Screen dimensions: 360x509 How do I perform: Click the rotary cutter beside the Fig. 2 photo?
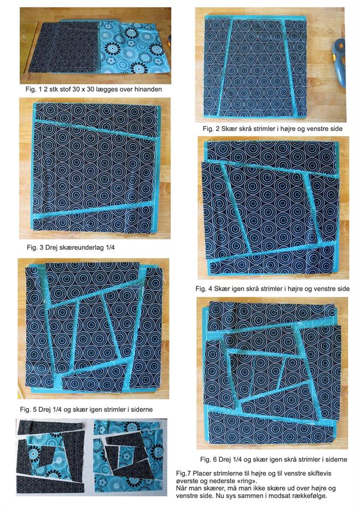point(339,62)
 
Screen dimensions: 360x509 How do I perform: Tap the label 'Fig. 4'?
point(204,289)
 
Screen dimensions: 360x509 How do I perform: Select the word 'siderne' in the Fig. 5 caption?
point(141,410)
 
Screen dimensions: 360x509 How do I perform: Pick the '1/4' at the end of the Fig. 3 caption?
point(109,247)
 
